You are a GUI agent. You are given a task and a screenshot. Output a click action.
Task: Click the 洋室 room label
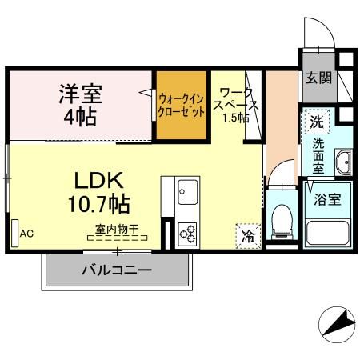click(x=81, y=94)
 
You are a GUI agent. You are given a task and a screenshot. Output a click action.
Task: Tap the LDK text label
click(x=98, y=181)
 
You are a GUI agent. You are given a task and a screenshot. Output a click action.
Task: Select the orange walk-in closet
click(x=182, y=105)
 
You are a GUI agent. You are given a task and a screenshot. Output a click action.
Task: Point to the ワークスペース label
click(x=236, y=99)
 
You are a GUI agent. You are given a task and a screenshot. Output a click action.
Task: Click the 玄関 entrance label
click(x=318, y=78)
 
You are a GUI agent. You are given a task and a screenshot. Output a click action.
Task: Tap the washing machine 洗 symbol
click(x=317, y=122)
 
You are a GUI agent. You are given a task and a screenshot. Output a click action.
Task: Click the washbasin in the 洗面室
click(x=343, y=162)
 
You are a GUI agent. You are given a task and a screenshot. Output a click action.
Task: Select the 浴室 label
click(x=327, y=199)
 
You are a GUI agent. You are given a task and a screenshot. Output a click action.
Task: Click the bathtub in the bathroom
click(x=328, y=233)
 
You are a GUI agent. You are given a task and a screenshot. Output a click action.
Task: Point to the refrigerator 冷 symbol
click(x=248, y=236)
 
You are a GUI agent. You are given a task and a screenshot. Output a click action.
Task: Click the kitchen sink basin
click(x=188, y=192)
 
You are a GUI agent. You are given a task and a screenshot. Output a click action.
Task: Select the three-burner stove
click(x=187, y=234)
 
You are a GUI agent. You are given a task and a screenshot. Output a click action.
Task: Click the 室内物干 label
click(x=117, y=229)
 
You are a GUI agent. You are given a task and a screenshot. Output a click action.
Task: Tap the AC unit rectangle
click(x=15, y=234)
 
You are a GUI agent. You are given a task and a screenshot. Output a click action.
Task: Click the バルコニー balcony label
click(x=117, y=270)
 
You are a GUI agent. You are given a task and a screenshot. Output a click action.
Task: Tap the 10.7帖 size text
click(x=99, y=204)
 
